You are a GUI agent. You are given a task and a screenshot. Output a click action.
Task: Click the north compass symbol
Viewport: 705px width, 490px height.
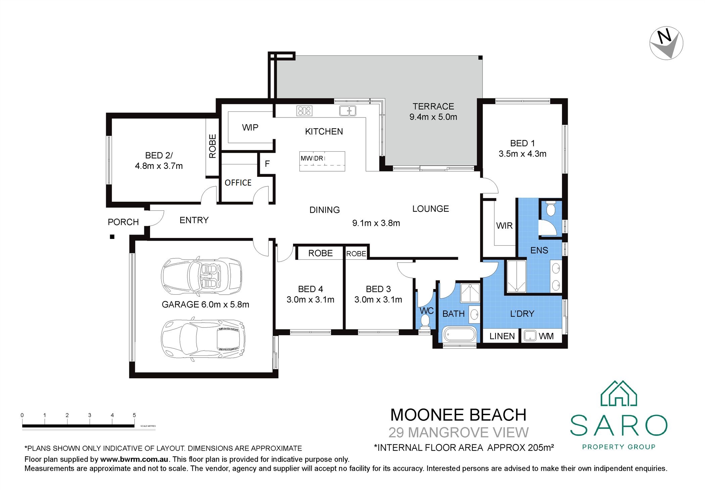[666, 43]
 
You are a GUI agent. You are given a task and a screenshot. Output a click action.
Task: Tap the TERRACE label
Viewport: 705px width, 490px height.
[433, 106]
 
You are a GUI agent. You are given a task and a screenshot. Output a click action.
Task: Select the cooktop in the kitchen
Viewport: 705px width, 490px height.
[304, 110]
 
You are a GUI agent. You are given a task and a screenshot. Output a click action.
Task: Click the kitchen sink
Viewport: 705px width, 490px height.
[347, 110]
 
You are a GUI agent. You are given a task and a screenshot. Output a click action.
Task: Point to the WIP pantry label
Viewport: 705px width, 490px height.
[250, 128]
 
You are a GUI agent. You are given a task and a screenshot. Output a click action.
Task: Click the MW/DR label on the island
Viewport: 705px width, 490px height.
[312, 158]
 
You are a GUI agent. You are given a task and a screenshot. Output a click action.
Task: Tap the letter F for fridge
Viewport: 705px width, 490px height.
[267, 164]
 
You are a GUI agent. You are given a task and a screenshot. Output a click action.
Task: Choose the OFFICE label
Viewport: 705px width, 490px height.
[238, 183]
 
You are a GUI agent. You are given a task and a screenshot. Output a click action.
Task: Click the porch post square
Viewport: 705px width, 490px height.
[112, 237]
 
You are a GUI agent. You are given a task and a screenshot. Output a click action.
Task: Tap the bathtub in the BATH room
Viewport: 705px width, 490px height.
[459, 335]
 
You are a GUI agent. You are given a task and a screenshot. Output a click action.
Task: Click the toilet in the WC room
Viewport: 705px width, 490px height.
[425, 321]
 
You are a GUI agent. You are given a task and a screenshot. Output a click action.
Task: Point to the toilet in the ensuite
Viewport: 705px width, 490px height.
[551, 209]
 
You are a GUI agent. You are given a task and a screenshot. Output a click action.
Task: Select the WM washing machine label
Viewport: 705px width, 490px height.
[546, 336]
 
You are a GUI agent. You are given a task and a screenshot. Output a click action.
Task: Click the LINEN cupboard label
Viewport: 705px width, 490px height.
[502, 336]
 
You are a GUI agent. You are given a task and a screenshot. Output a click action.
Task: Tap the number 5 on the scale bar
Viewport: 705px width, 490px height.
[134, 415]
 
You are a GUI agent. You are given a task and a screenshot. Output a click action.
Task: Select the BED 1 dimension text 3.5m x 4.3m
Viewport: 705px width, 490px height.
[522, 154]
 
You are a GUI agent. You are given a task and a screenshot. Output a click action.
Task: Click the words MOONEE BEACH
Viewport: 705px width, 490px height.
[458, 415]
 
